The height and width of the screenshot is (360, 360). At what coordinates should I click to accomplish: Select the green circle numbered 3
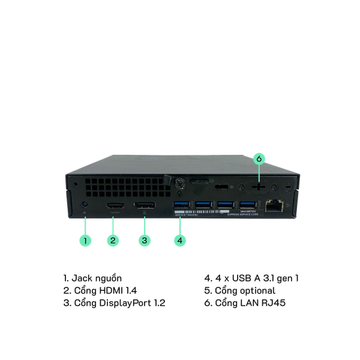click(x=144, y=241)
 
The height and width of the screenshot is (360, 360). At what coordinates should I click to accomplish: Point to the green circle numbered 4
click(x=180, y=240)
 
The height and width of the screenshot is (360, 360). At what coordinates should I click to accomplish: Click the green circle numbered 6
click(x=259, y=159)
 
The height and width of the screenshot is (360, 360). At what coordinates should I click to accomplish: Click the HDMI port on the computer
click(x=115, y=208)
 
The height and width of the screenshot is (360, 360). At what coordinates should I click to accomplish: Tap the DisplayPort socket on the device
click(x=143, y=208)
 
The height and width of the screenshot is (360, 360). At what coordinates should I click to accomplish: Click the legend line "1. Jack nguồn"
click(x=92, y=279)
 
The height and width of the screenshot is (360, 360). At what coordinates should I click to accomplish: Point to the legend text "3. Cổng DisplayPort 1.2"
click(x=114, y=303)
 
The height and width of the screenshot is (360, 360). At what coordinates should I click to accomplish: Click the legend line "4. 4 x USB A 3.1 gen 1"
click(x=251, y=279)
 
